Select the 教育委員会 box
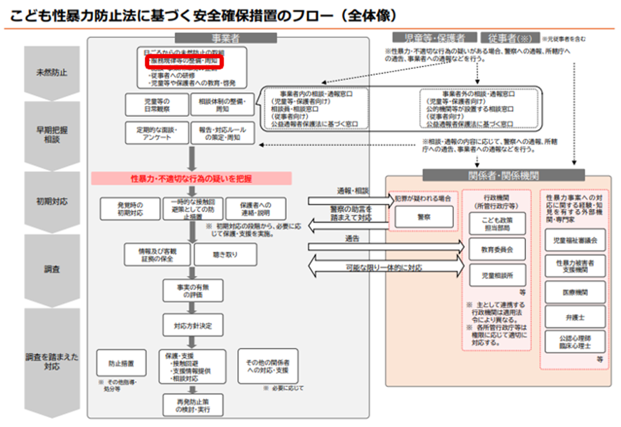(x=497, y=248)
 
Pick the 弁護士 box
(x=575, y=316)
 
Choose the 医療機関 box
(x=575, y=292)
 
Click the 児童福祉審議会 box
(x=575, y=240)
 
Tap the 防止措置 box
(x=117, y=362)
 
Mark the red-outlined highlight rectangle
(x=184, y=61)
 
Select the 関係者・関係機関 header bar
(x=503, y=175)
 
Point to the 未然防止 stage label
(x=52, y=73)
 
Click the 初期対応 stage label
(x=52, y=201)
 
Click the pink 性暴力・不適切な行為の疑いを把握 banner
(x=192, y=178)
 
